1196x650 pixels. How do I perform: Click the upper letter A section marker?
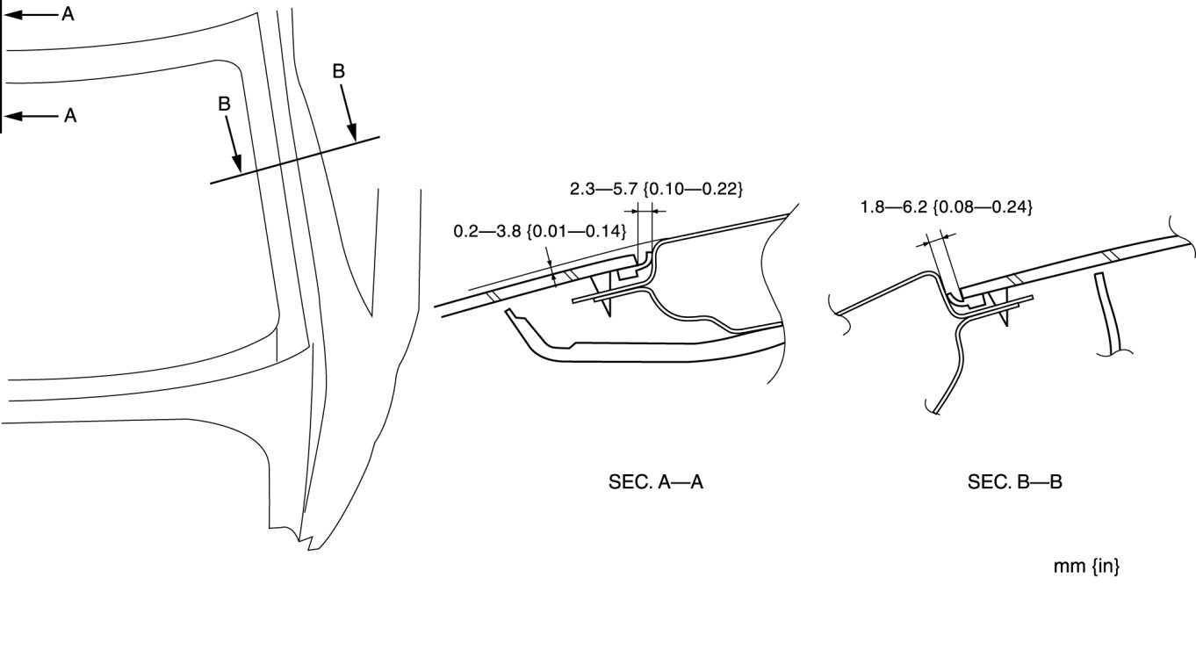coord(68,14)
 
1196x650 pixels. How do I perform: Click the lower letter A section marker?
coord(69,115)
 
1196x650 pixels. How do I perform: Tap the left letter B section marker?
coord(224,104)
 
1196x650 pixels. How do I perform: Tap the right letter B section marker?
coord(339,72)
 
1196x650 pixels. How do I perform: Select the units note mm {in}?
coord(1086,567)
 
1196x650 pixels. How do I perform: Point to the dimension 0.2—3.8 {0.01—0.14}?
coord(539,232)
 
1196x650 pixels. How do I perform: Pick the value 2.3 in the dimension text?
coord(582,188)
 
